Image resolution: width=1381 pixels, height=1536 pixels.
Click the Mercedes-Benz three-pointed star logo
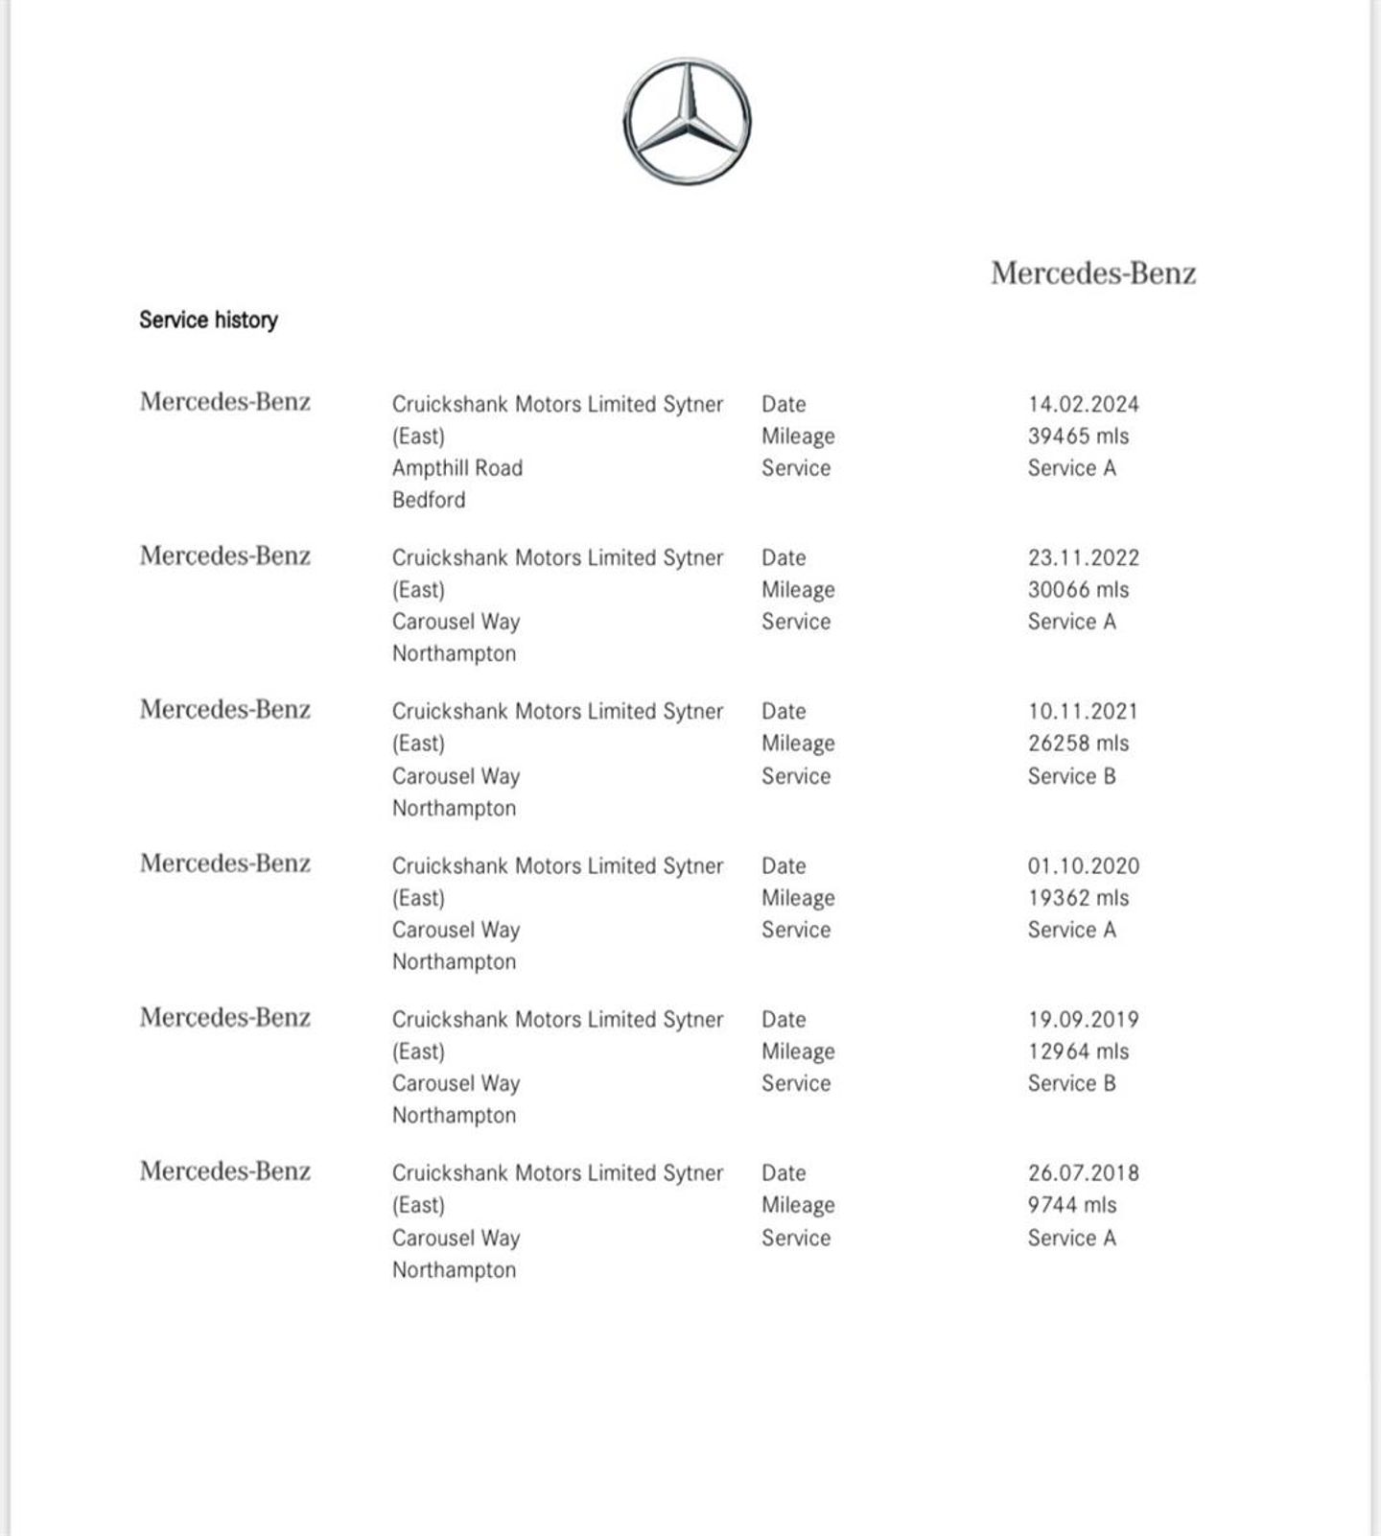[x=687, y=122]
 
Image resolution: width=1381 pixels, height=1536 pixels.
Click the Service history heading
[x=208, y=319]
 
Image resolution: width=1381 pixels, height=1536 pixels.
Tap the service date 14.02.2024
[x=1083, y=404]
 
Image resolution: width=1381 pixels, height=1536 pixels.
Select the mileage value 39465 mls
[x=1078, y=436]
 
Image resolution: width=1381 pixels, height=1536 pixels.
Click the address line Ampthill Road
[x=456, y=468]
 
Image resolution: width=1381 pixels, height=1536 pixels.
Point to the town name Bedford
[x=428, y=500]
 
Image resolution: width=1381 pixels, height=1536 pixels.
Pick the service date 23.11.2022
[x=1083, y=557]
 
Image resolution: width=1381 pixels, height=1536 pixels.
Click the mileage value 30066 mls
[x=1078, y=589]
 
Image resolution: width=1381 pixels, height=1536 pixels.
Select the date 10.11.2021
[x=1082, y=711]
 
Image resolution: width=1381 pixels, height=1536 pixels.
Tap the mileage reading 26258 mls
[x=1078, y=743]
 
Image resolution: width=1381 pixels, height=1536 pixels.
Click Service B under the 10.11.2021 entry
[x=1071, y=775]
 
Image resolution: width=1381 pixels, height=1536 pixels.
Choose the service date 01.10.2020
[x=1083, y=865]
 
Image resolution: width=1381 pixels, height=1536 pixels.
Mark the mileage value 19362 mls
[x=1078, y=897]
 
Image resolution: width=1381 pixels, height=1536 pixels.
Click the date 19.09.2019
[x=1083, y=1019]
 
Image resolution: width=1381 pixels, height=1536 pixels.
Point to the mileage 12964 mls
[x=1078, y=1051]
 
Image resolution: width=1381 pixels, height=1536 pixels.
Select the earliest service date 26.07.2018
[x=1083, y=1172]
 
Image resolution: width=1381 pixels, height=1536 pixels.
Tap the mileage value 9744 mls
[x=1071, y=1204]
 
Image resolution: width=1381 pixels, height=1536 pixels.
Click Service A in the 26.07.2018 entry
[x=1071, y=1238]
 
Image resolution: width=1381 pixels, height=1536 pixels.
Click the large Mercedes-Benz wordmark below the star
[x=1092, y=273]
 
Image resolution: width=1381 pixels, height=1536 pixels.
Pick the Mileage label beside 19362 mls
[x=797, y=897]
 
